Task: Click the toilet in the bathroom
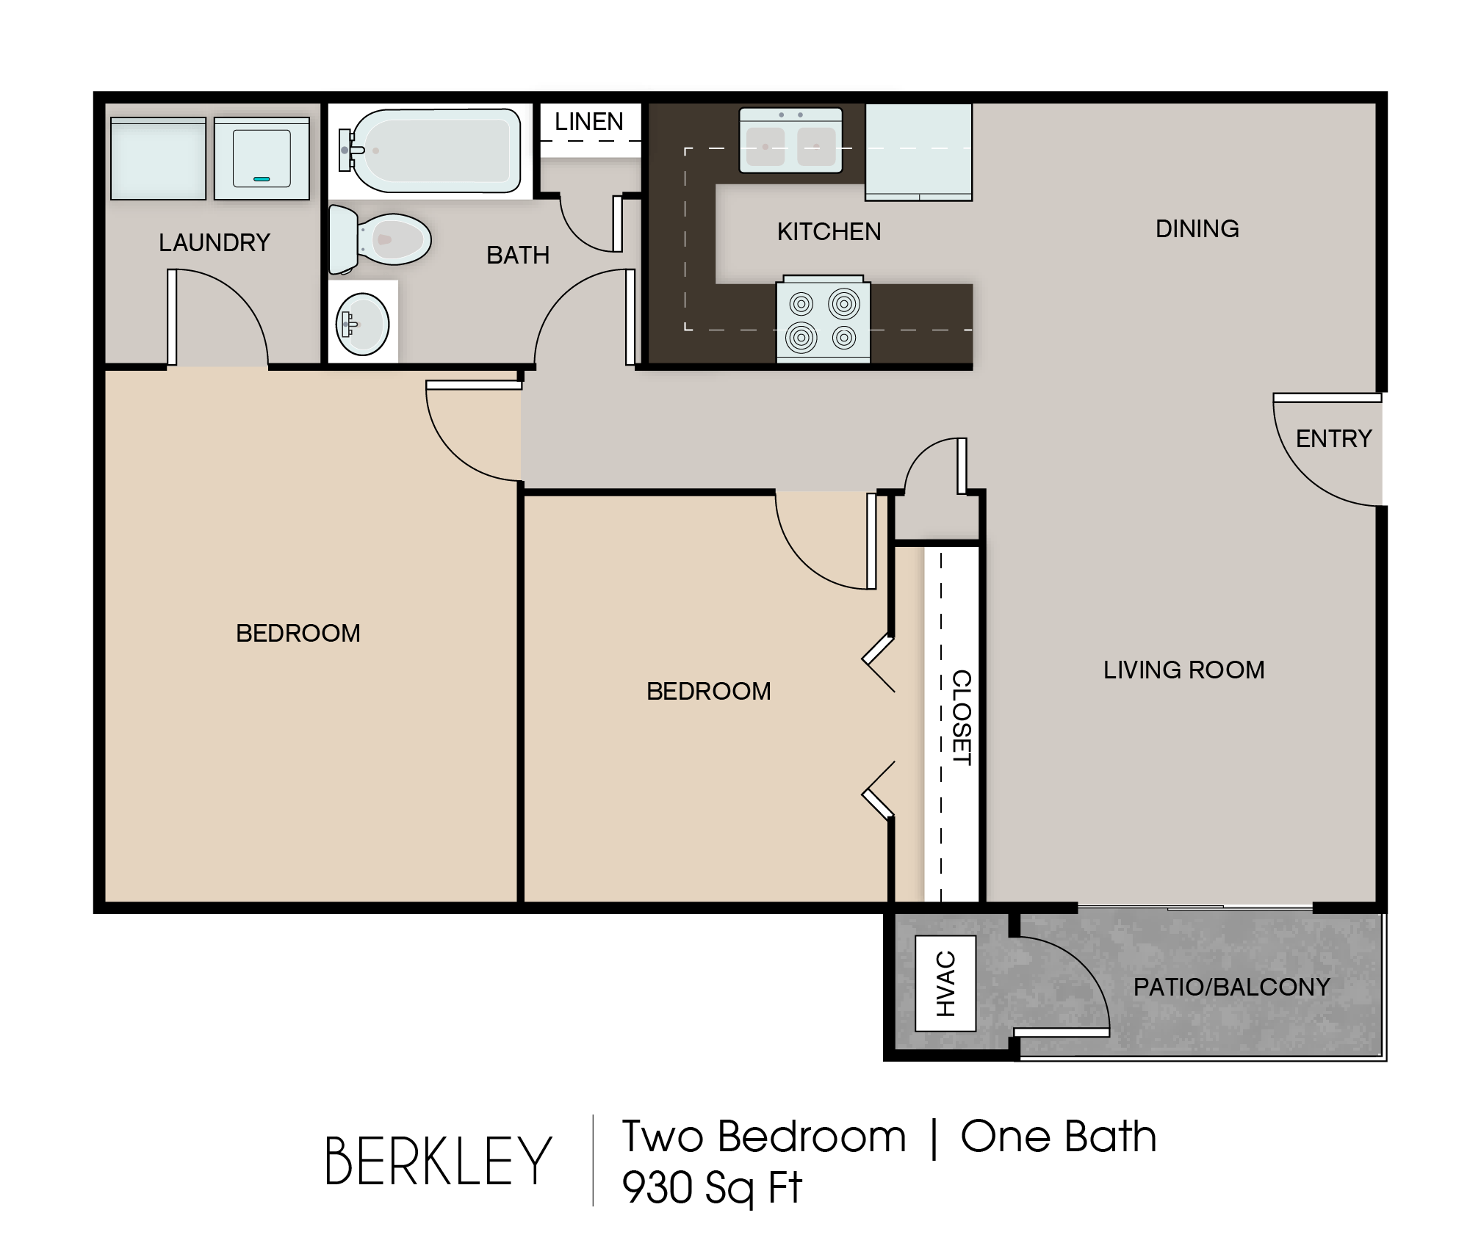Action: tap(379, 239)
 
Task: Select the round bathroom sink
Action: tap(362, 323)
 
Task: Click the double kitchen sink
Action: tap(790, 140)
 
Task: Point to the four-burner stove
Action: tap(823, 320)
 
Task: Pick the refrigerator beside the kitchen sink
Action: tap(918, 151)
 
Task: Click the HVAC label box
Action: tap(945, 983)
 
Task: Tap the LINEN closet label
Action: tap(589, 122)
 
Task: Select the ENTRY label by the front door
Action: tap(1333, 439)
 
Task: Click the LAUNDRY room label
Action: tap(215, 243)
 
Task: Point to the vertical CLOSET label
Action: tap(962, 717)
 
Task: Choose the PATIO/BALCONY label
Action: tap(1231, 987)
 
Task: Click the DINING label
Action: tap(1197, 229)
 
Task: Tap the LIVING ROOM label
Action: tap(1183, 670)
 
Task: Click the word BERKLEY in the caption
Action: tap(438, 1161)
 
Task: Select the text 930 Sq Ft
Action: tap(712, 1187)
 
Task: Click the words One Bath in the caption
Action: tap(1058, 1137)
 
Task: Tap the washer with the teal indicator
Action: tap(262, 158)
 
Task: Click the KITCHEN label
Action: tap(829, 232)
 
